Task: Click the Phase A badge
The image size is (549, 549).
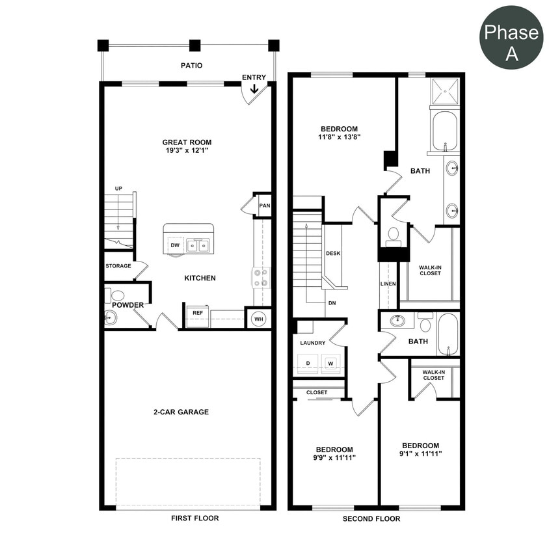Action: tap(512, 42)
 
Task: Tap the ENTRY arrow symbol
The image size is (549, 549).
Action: tap(254, 89)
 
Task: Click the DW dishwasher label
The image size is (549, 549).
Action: tap(175, 246)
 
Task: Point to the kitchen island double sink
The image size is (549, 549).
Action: tap(198, 245)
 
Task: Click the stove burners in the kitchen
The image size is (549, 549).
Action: tap(261, 278)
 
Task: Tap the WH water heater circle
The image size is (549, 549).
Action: tap(258, 318)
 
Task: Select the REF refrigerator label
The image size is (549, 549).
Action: tap(196, 313)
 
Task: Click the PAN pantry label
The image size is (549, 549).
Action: tap(264, 206)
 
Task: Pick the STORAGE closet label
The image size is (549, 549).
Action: tap(118, 266)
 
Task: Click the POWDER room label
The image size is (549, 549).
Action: tap(127, 305)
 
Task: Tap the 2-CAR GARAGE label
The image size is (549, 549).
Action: tap(185, 412)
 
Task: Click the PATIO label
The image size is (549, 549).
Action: tap(191, 66)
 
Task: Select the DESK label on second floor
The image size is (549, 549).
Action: tap(333, 253)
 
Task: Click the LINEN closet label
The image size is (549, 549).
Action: tap(388, 284)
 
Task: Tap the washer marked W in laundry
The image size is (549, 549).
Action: tap(330, 363)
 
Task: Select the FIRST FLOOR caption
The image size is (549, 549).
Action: tap(194, 518)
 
